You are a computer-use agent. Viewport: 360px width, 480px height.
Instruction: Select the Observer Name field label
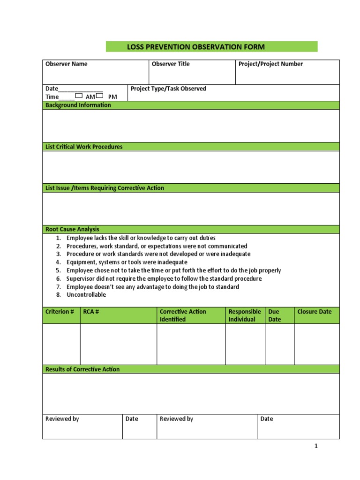pyautogui.click(x=66, y=64)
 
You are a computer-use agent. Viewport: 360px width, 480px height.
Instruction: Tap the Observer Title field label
pyautogui.click(x=171, y=64)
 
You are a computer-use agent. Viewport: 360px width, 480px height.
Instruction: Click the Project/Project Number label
pyautogui.click(x=270, y=64)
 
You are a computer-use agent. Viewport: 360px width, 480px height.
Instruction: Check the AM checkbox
pyautogui.click(x=79, y=96)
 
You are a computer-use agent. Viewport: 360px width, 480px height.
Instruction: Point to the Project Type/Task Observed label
pyautogui.click(x=168, y=89)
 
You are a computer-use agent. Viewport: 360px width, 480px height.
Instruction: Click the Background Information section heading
pyautogui.click(x=78, y=105)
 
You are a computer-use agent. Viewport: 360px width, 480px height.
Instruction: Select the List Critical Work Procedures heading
pyautogui.click(x=84, y=147)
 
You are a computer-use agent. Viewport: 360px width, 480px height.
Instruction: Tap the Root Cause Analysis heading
pyautogui.click(x=72, y=229)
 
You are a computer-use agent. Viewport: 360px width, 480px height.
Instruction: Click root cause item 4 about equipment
pyautogui.click(x=127, y=262)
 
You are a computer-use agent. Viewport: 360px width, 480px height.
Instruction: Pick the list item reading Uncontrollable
pyautogui.click(x=86, y=295)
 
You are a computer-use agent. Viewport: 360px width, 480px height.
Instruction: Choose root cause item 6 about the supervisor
pyautogui.click(x=164, y=278)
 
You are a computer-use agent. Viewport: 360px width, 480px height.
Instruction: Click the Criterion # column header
pyautogui.click(x=60, y=312)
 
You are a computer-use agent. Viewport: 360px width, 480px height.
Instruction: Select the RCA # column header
pyautogui.click(x=91, y=312)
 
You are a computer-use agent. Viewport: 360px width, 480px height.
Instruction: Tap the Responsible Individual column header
pyautogui.click(x=244, y=315)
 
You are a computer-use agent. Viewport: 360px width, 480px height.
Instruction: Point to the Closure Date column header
pyautogui.click(x=314, y=312)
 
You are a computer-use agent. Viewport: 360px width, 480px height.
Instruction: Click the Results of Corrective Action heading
pyautogui.click(x=82, y=369)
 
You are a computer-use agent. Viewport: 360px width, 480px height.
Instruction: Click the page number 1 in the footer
pyautogui.click(x=316, y=446)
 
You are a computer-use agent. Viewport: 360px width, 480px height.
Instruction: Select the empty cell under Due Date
pyautogui.click(x=279, y=344)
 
